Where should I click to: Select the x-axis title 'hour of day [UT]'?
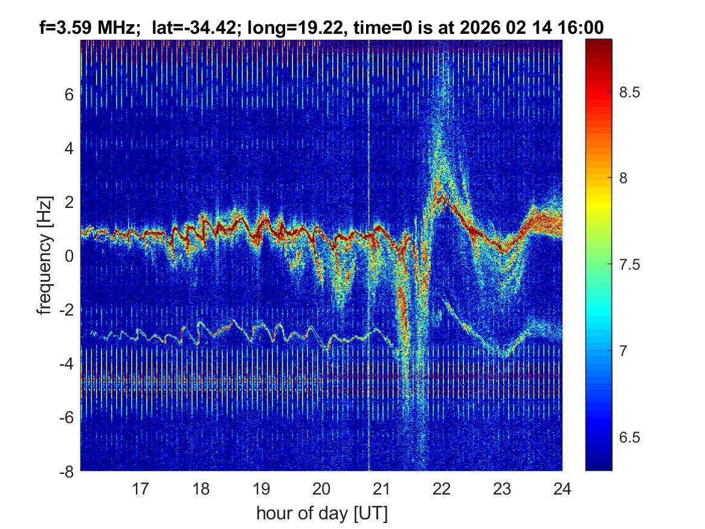click(321, 514)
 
